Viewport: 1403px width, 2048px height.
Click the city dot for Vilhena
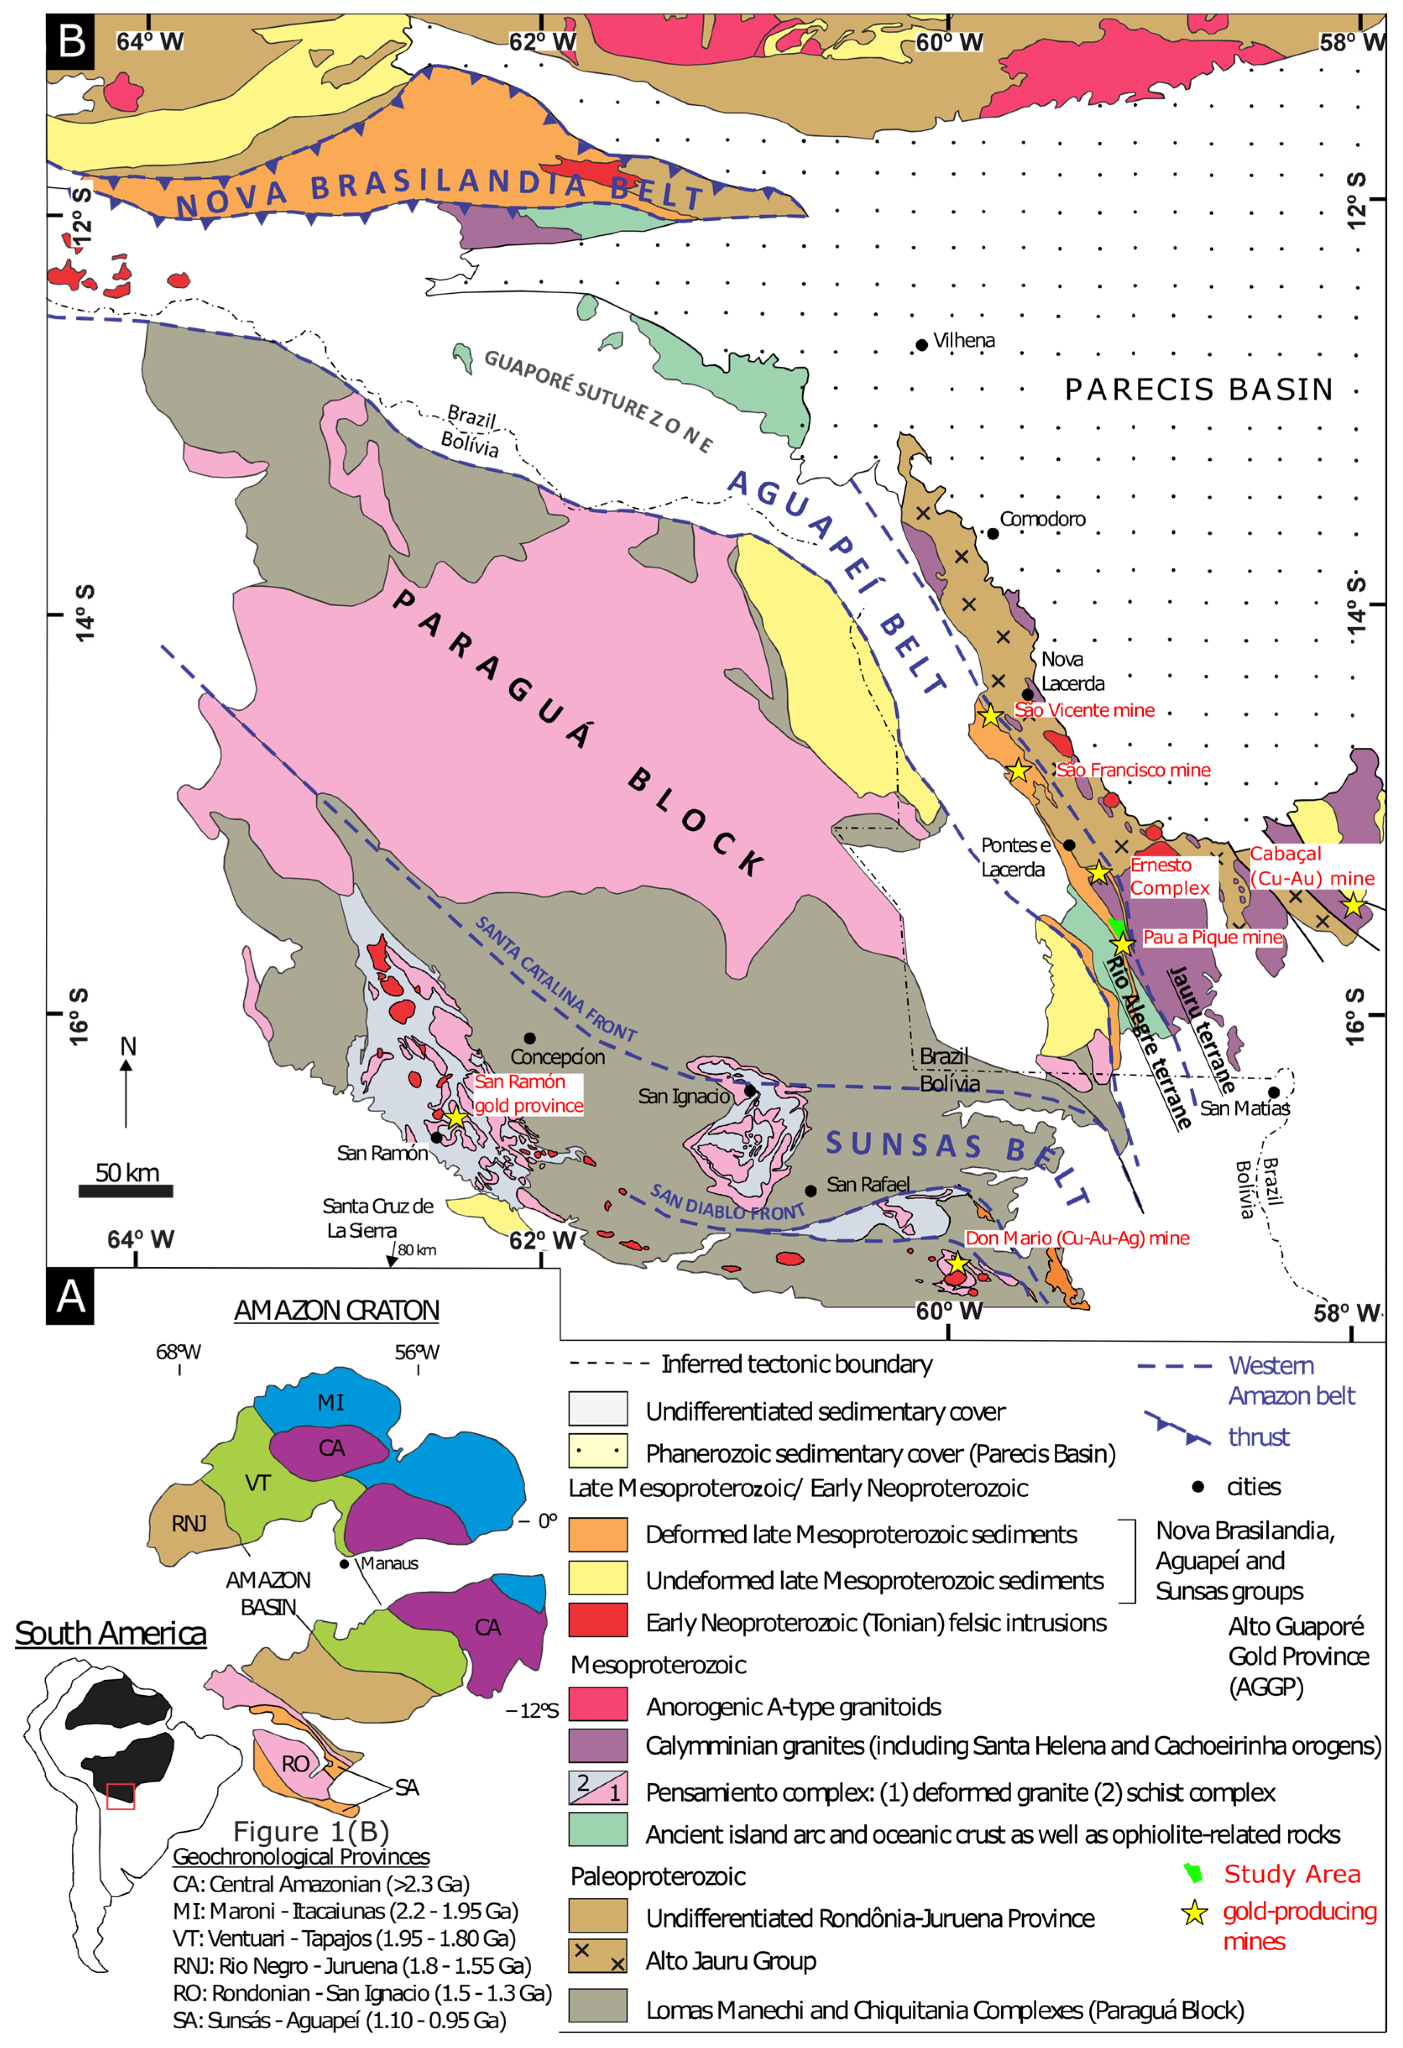922,344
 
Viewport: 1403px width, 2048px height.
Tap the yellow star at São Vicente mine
991,715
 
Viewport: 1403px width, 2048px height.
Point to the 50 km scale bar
126,1190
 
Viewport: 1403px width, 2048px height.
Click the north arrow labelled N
127,1084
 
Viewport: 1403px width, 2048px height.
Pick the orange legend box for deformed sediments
597,1534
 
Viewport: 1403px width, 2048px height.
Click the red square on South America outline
121,1796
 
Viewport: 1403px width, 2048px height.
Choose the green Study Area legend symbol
1193,1873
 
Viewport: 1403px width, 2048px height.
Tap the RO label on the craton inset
295,1764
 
